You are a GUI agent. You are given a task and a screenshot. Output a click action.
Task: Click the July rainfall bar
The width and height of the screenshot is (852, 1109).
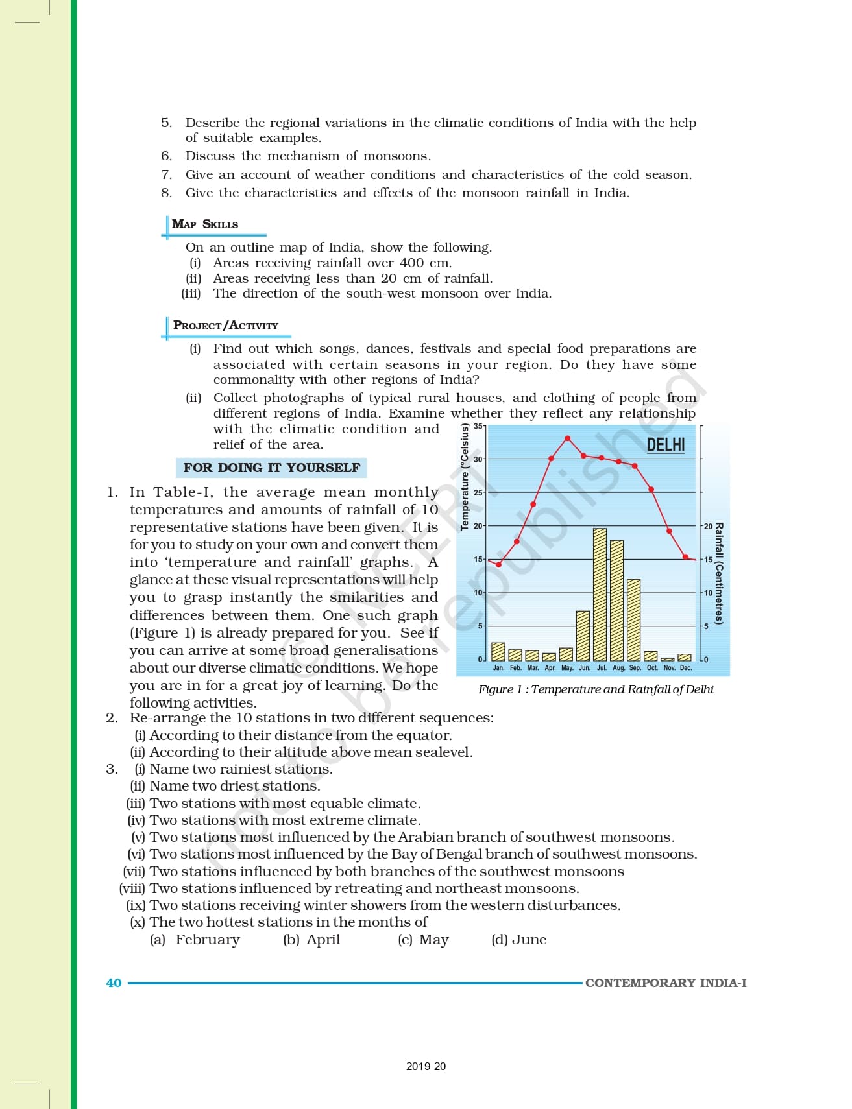click(600, 594)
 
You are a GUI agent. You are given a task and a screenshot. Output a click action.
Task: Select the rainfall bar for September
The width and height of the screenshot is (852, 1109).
click(634, 619)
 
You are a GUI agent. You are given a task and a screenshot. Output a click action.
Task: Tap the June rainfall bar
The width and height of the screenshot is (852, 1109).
click(583, 636)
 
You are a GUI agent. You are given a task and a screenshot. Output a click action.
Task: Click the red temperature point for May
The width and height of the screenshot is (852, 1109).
click(568, 439)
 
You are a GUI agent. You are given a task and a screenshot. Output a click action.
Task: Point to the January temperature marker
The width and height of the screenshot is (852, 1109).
click(498, 564)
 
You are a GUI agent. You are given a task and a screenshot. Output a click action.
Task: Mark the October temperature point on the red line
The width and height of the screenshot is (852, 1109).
click(651, 490)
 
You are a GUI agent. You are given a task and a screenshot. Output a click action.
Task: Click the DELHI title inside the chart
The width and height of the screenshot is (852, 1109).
click(666, 445)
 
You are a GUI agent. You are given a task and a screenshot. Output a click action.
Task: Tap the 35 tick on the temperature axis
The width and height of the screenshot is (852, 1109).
click(478, 426)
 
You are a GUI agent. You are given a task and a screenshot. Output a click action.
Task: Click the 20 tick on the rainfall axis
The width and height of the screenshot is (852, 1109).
click(708, 526)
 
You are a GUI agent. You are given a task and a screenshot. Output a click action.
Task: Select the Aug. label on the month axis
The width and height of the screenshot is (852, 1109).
click(618, 668)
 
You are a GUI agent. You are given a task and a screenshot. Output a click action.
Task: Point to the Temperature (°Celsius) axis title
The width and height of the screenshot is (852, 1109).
click(464, 477)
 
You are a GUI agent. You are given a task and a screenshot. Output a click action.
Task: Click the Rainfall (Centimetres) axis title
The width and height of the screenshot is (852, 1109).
click(719, 573)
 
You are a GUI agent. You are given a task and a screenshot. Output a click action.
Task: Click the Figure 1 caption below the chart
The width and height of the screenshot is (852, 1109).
click(596, 689)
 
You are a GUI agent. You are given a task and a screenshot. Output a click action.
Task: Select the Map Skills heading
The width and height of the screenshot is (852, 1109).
click(205, 224)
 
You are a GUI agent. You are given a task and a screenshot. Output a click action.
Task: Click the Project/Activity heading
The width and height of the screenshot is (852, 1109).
click(226, 326)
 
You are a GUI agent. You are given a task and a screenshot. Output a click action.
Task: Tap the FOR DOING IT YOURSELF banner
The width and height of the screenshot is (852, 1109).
click(271, 468)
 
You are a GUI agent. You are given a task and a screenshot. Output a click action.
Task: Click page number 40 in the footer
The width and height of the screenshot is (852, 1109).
click(114, 983)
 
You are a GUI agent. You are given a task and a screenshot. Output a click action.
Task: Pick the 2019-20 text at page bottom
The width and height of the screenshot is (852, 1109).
click(426, 1066)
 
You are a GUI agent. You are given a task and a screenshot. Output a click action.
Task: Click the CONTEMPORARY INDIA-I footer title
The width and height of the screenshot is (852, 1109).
click(666, 983)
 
